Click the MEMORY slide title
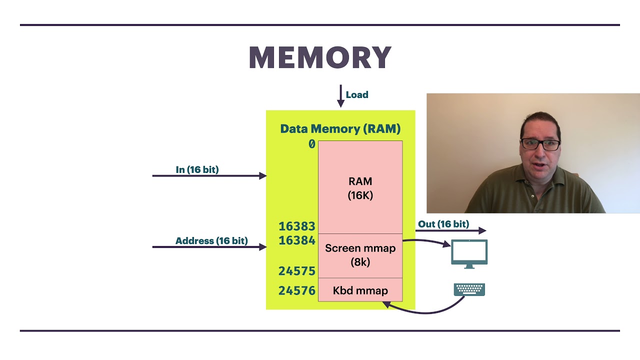tap(320, 58)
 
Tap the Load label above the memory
tap(357, 95)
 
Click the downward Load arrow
tap(340, 96)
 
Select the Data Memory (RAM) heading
tap(340, 129)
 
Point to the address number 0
tap(312, 144)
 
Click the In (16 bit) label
tap(197, 170)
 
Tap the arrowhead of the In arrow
tap(263, 175)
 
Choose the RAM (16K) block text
tap(360, 188)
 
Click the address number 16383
tap(297, 226)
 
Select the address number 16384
tap(297, 240)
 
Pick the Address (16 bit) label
tap(211, 241)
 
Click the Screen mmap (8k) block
tap(360, 254)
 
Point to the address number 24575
tap(297, 271)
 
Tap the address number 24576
tap(297, 290)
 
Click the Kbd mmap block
tap(360, 290)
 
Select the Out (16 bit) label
tap(443, 224)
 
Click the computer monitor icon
tap(469, 253)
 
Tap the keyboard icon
tap(469, 289)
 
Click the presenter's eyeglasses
tap(540, 144)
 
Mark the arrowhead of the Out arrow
tap(482, 230)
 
